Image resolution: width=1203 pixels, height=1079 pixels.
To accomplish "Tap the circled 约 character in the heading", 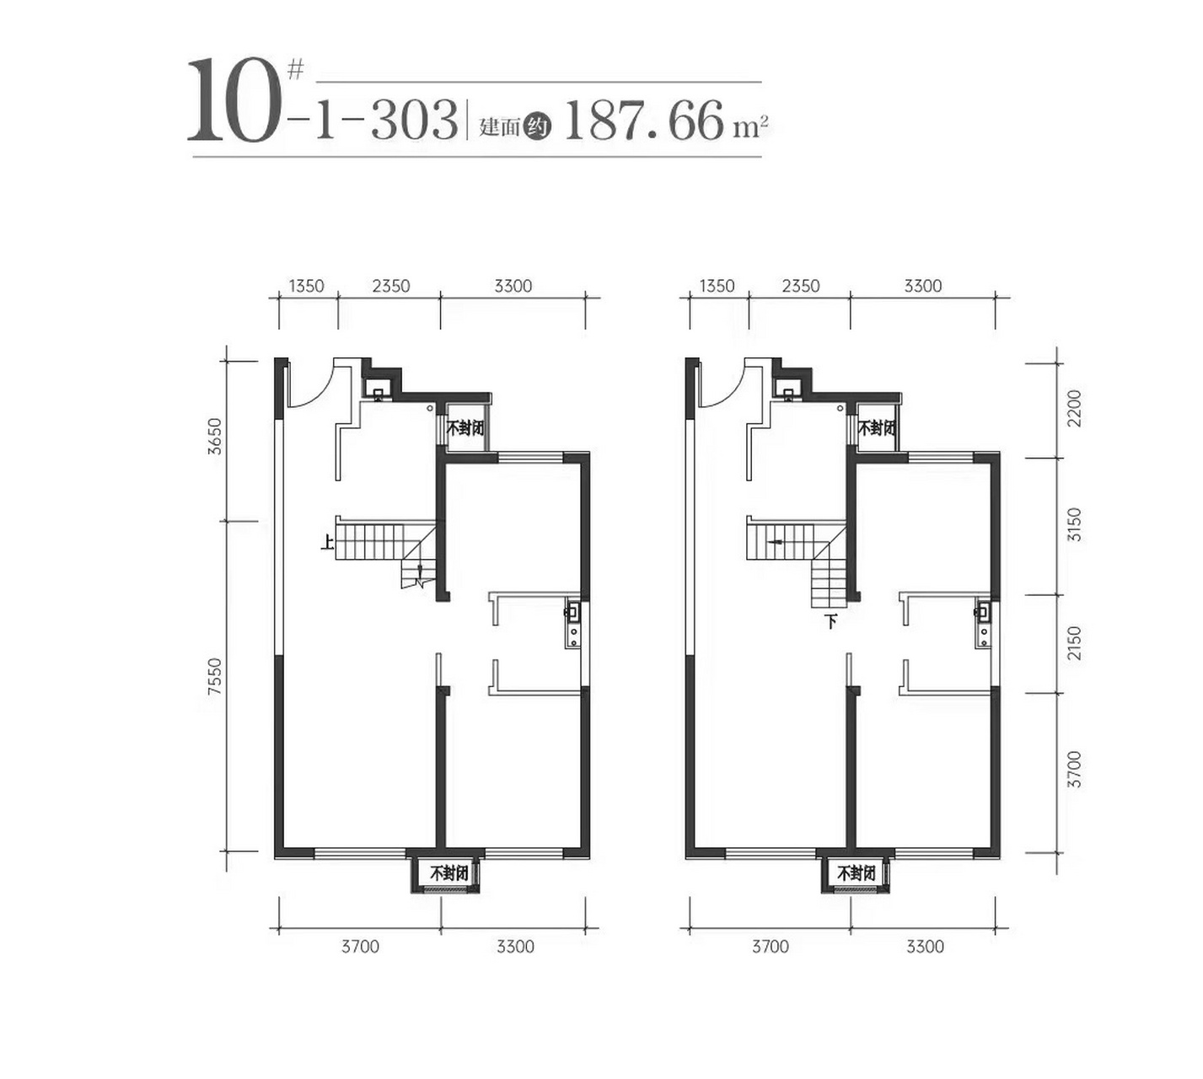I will [537, 127].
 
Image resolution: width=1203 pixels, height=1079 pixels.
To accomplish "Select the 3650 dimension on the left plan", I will [216, 436].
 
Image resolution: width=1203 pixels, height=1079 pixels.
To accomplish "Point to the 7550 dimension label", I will [216, 677].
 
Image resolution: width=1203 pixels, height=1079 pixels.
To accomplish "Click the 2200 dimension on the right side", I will [1073, 408].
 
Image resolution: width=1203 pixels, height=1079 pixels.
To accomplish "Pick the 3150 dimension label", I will [1073, 524].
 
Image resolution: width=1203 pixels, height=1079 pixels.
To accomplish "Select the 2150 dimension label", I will [1073, 643].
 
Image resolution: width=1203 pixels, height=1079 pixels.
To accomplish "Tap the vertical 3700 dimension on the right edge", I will [1073, 770].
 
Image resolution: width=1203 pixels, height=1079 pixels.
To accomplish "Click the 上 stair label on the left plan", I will [326, 544].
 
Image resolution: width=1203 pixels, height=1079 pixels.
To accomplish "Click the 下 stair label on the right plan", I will [831, 623].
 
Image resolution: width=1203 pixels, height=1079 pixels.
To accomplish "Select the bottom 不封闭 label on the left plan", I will [448, 873].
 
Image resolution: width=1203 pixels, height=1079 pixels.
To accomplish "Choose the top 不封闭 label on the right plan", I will [877, 428].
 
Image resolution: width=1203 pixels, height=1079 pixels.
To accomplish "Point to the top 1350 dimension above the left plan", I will [306, 286].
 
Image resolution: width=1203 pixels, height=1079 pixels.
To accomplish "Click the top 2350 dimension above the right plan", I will [800, 286].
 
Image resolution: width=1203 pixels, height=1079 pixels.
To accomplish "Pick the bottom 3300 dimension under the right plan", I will [925, 947].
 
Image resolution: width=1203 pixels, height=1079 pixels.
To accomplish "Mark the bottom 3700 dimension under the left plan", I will [360, 947].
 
